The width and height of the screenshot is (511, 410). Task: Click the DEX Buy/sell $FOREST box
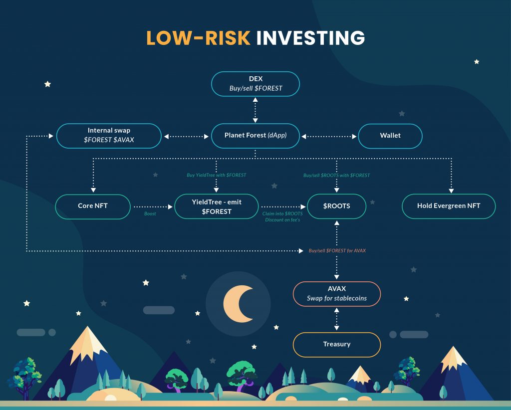pyautogui.click(x=255, y=84)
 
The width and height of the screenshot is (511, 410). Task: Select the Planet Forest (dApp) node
pyautogui.click(x=255, y=136)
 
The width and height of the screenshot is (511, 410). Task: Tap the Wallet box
pyautogui.click(x=390, y=136)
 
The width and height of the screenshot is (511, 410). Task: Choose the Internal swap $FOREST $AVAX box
pyautogui.click(x=109, y=136)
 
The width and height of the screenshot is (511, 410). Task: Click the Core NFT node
pyautogui.click(x=93, y=206)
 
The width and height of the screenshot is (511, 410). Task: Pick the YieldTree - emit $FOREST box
pyautogui.click(x=217, y=206)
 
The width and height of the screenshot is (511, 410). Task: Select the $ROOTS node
pyautogui.click(x=337, y=206)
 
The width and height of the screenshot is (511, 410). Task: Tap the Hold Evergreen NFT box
pyautogui.click(x=449, y=206)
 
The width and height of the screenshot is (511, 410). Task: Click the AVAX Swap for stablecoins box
pyautogui.click(x=337, y=294)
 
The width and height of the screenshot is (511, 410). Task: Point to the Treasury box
pyautogui.click(x=337, y=345)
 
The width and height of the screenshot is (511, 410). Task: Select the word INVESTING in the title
pyautogui.click(x=310, y=38)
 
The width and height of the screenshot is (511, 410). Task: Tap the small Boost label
pyautogui.click(x=150, y=213)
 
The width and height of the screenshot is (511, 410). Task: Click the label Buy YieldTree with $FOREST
pyautogui.click(x=217, y=175)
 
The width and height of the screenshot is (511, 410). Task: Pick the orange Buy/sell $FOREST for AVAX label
pyautogui.click(x=337, y=251)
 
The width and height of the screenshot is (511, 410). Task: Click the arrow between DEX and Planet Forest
pyautogui.click(x=255, y=110)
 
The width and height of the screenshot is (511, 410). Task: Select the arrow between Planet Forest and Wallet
pyautogui.click(x=329, y=137)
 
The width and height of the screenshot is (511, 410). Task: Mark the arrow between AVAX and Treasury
pyautogui.click(x=337, y=319)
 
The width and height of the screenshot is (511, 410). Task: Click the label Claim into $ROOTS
pyautogui.click(x=282, y=213)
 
